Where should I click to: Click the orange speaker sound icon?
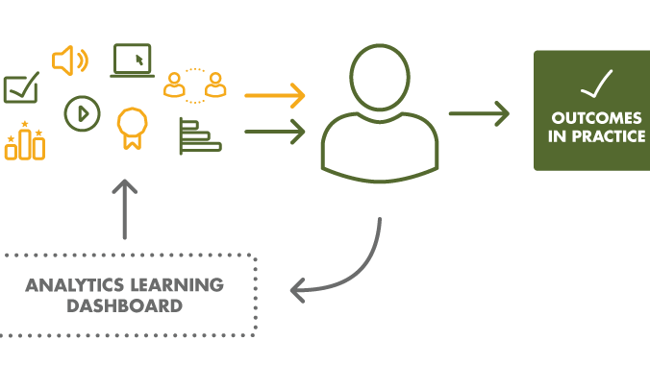tap(69, 61)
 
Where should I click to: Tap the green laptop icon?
tap(132, 61)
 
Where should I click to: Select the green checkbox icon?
tap(20, 89)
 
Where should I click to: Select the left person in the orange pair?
tap(174, 85)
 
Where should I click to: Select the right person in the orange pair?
tap(216, 85)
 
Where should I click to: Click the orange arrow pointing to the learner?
tap(275, 95)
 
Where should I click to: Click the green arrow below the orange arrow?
tap(275, 131)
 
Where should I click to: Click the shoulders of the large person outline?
tap(380, 149)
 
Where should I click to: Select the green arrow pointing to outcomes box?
tap(479, 113)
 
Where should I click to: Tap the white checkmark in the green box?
tap(596, 85)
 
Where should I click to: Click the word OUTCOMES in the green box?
tap(597, 118)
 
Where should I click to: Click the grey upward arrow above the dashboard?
tap(125, 207)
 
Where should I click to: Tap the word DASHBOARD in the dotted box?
tap(124, 306)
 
